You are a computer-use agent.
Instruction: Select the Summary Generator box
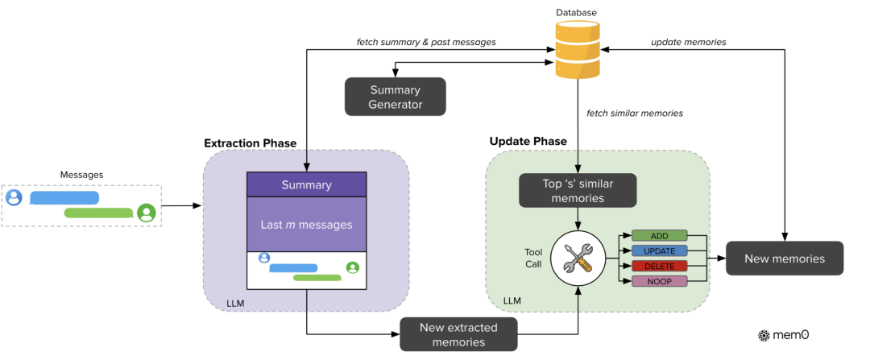(x=396, y=97)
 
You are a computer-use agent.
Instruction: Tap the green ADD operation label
(x=659, y=236)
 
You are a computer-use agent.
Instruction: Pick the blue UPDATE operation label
(x=659, y=251)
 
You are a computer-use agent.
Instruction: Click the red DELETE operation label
(x=659, y=266)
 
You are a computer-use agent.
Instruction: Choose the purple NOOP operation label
(x=659, y=281)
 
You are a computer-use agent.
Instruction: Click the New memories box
(x=785, y=259)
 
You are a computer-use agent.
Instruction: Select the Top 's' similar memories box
(x=578, y=191)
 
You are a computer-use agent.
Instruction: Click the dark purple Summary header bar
(x=306, y=185)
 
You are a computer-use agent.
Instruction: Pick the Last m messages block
(x=306, y=225)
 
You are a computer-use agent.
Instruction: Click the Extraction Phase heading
(x=251, y=143)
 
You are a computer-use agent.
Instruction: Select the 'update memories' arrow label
(x=688, y=41)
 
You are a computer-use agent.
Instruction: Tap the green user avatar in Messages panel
(x=146, y=213)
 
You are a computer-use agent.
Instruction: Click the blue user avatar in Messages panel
(x=14, y=197)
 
